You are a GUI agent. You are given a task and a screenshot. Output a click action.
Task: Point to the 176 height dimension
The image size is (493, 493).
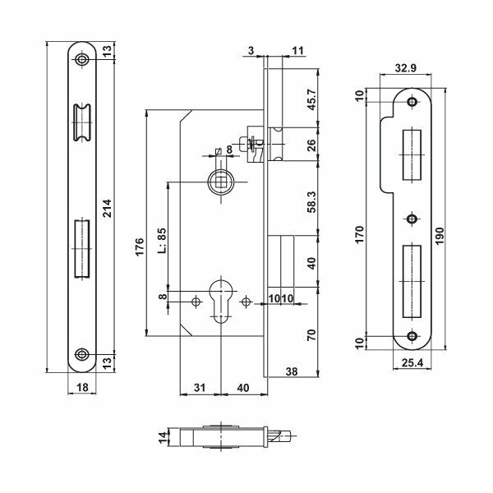point(139,246)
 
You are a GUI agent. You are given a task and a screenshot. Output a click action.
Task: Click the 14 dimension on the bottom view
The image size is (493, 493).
point(164,436)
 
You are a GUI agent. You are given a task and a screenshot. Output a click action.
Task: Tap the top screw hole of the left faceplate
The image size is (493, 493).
point(81,60)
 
